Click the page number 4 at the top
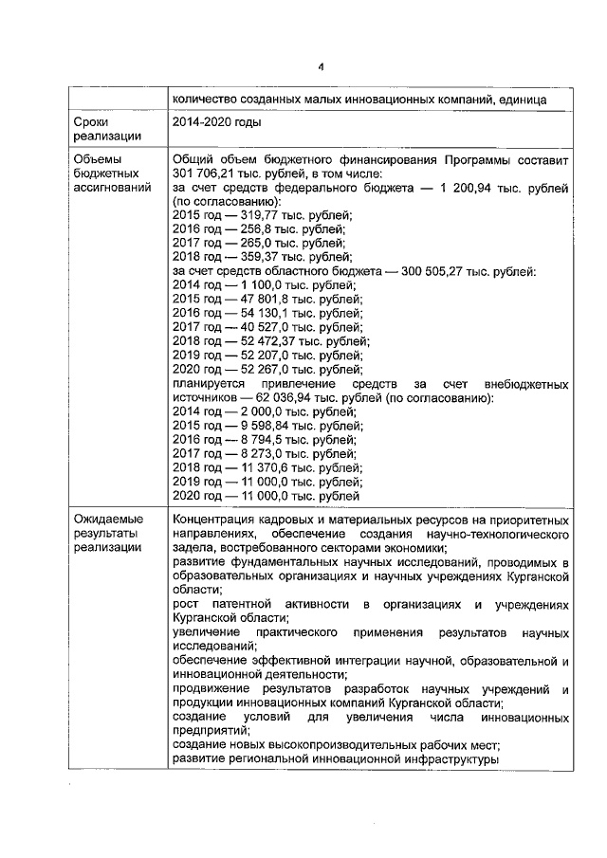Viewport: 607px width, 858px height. click(x=321, y=67)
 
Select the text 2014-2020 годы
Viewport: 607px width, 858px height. click(x=217, y=122)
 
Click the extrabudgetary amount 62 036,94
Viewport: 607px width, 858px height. click(x=276, y=397)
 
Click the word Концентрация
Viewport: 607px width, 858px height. click(x=215, y=520)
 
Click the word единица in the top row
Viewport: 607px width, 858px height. click(x=542, y=100)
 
